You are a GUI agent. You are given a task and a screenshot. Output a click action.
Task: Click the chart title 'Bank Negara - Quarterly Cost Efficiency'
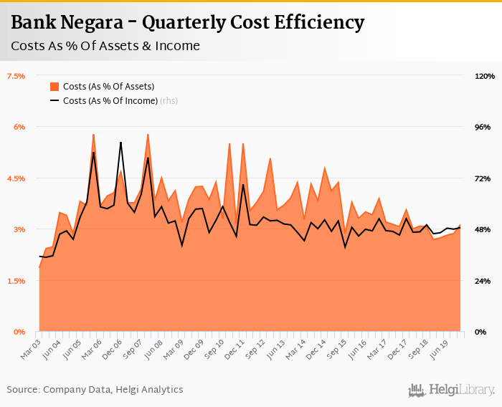(x=188, y=23)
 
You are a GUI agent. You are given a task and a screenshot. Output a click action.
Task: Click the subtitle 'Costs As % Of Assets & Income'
(x=105, y=47)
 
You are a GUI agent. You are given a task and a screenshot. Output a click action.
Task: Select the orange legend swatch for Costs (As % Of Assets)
(x=55, y=87)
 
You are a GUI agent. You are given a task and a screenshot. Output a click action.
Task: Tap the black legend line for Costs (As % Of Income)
(x=55, y=101)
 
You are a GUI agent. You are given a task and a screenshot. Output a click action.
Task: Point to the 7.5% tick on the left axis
(x=16, y=76)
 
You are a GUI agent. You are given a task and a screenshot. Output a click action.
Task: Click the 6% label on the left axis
(x=19, y=127)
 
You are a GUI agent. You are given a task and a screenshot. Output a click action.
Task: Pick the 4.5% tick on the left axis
(x=16, y=178)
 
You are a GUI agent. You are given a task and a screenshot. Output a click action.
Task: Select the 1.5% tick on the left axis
(x=16, y=281)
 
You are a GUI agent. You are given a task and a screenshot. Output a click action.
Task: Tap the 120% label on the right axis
(x=485, y=76)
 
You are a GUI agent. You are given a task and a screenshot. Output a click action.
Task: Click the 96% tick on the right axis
(x=483, y=127)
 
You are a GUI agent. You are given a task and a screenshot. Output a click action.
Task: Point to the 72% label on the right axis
(x=483, y=178)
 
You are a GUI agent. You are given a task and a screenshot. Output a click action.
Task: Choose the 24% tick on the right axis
(x=483, y=281)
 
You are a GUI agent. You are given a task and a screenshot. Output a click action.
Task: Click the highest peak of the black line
(x=120, y=143)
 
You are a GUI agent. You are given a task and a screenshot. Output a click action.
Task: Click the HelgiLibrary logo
(x=452, y=390)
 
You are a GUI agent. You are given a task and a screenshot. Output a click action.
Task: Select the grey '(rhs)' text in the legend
(x=169, y=101)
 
